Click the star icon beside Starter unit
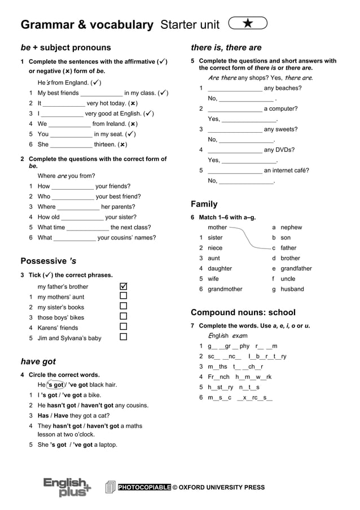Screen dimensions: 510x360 (248, 23)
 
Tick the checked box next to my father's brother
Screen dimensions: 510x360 (124, 286)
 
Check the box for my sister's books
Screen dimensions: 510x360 (124, 307)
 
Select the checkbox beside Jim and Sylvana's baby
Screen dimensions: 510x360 (124, 337)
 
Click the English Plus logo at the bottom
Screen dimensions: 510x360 (67, 487)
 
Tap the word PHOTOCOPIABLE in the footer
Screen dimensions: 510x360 (144, 487)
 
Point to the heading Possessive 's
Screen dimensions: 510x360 (48, 261)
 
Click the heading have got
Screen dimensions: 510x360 (38, 361)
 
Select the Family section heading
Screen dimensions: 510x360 (204, 204)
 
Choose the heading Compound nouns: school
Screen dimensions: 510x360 (243, 312)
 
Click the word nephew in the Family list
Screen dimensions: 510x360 (291, 228)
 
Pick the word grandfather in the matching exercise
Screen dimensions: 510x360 (296, 269)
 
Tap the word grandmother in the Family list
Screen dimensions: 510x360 (225, 289)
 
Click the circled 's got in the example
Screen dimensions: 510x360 (55, 385)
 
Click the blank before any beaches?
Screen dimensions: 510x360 (235, 89)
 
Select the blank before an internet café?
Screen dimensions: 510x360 (235, 171)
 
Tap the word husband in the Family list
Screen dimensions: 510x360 (292, 289)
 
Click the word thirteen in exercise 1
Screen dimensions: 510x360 (105, 145)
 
